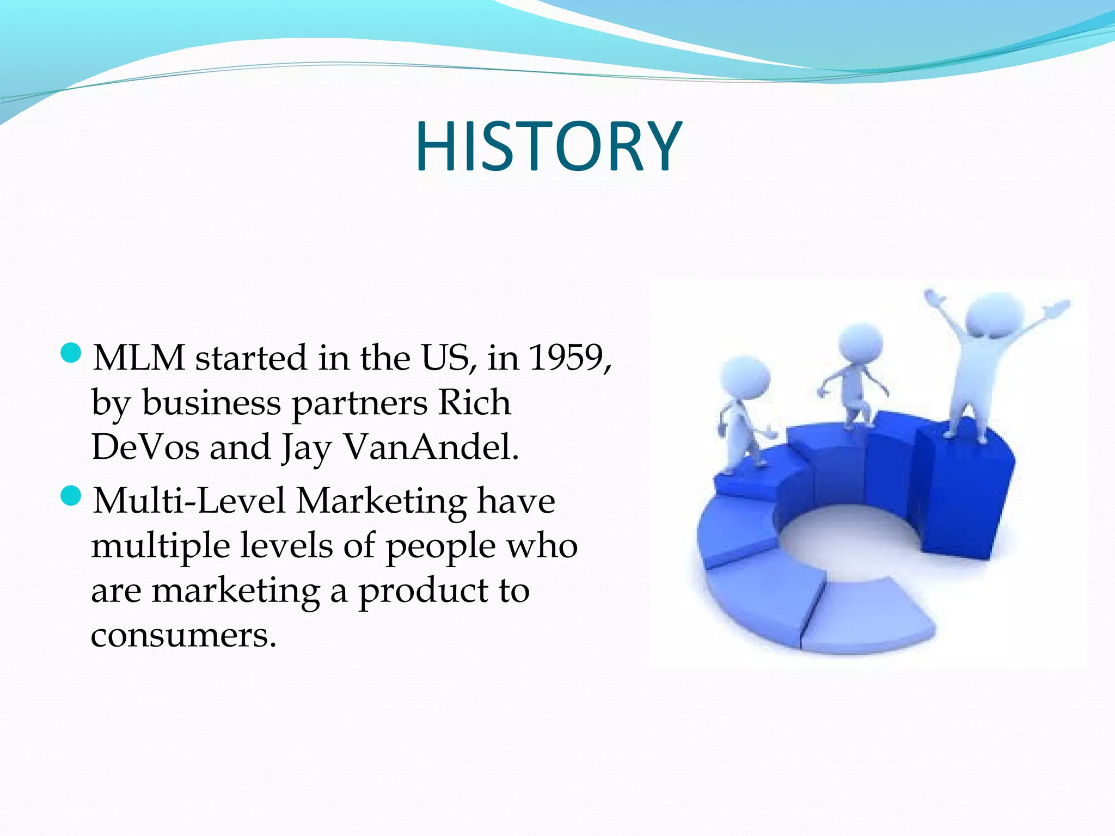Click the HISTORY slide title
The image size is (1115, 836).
pos(548,147)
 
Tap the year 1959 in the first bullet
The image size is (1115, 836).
pos(566,358)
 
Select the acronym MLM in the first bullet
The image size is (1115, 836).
pos(139,358)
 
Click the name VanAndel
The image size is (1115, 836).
pos(431,447)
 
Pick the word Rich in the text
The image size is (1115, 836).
pos(475,403)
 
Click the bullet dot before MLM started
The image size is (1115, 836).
pos(71,354)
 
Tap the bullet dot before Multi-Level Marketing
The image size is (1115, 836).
pos(71,496)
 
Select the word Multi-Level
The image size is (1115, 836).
pos(189,501)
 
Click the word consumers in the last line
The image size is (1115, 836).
pos(183,635)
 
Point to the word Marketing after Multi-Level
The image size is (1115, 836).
pos(381,501)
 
